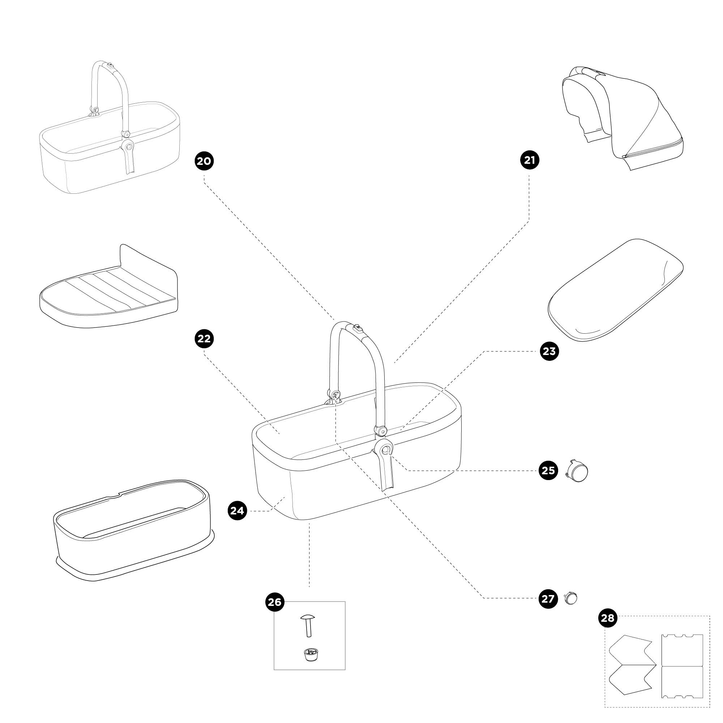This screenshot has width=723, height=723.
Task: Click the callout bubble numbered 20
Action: pyautogui.click(x=204, y=161)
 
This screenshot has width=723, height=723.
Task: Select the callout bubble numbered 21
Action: pyautogui.click(x=530, y=160)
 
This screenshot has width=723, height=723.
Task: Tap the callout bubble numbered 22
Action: pyautogui.click(x=204, y=339)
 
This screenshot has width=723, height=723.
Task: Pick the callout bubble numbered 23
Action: pyautogui.click(x=549, y=351)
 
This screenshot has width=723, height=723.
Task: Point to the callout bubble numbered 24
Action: pyautogui.click(x=237, y=510)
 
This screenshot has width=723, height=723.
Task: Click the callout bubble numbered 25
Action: pyautogui.click(x=548, y=470)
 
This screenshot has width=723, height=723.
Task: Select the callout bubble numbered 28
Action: pyautogui.click(x=608, y=617)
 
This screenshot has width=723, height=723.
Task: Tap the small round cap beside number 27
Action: pyautogui.click(x=571, y=598)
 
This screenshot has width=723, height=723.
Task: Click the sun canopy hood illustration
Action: pyautogui.click(x=623, y=118)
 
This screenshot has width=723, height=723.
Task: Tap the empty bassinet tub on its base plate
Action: pyautogui.click(x=133, y=530)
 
